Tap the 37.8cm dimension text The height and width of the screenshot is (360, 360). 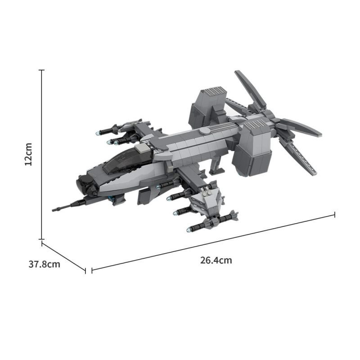coord(44,264)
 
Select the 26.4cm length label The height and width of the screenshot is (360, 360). coord(216,261)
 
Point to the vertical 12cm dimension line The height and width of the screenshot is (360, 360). coord(41,154)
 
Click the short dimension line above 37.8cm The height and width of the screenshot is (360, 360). coord(63,256)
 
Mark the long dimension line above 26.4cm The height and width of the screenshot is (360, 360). coord(213,243)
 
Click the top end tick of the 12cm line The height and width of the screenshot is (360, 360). coord(41,70)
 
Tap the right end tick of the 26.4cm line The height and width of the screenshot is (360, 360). coord(335,215)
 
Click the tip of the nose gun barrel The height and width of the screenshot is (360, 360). coord(53,210)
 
